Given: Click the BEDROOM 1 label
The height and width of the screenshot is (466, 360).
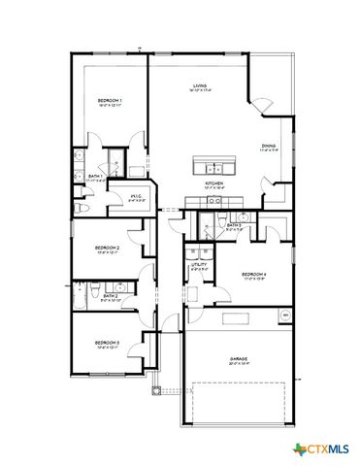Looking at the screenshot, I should [108, 100].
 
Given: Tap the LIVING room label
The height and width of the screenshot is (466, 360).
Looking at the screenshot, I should [200, 87].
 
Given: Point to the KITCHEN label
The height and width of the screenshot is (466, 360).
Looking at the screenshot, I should [214, 183].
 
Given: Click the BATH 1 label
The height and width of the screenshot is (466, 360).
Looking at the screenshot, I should [95, 176].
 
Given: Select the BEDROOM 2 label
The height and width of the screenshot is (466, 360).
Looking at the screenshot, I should [107, 248].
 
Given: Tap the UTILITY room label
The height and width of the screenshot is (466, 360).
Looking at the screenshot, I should [198, 264].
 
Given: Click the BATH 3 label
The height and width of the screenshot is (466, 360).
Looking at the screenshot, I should [234, 224].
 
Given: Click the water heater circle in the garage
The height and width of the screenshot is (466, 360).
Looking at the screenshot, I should [285, 316].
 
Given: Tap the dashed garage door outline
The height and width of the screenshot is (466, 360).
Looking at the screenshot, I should [239, 404].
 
